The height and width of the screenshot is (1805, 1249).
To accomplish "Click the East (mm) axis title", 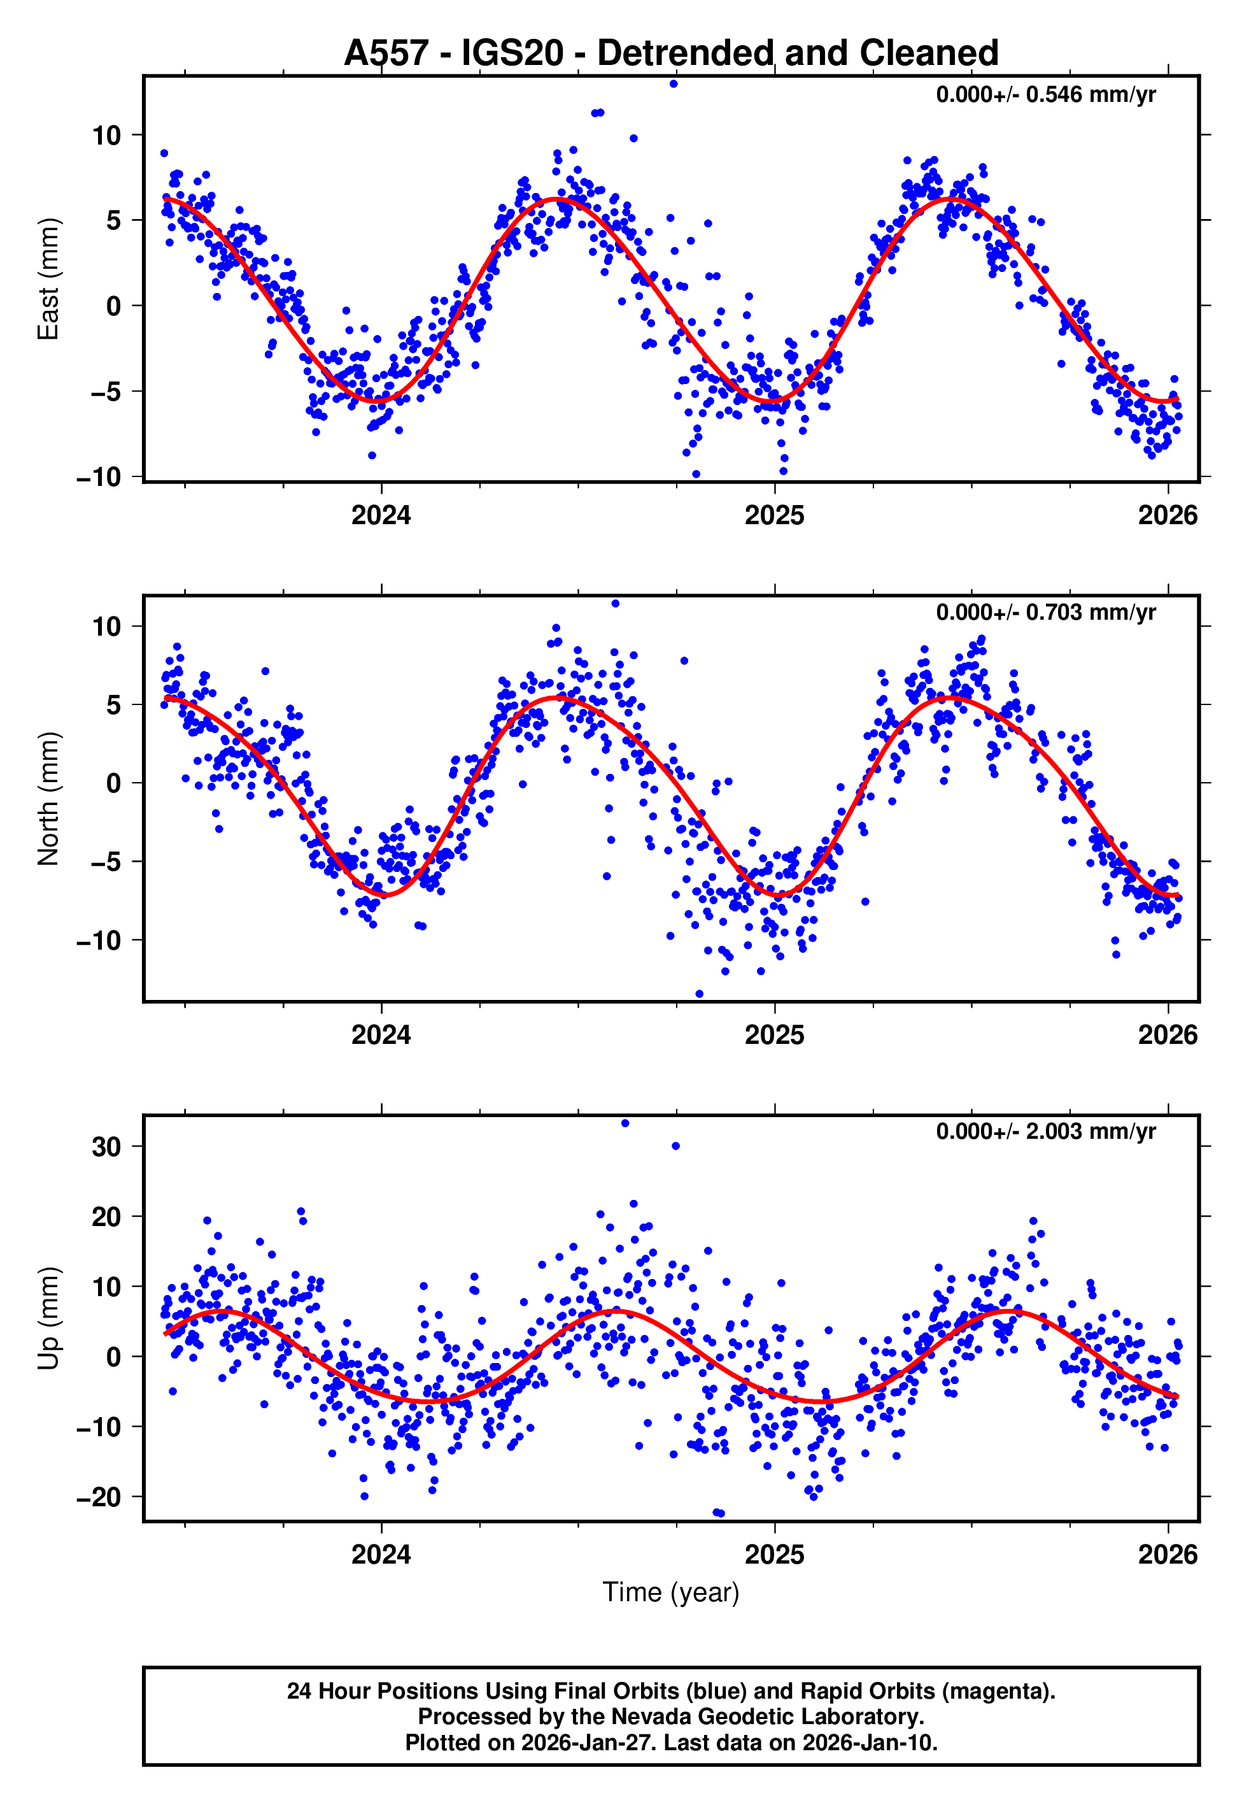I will point(48,279).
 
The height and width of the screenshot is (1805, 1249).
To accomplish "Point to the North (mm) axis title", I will point(48,799).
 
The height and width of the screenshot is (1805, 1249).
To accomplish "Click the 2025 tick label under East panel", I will point(774,515).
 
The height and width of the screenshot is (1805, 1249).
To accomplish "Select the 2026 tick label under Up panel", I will point(1167,1554).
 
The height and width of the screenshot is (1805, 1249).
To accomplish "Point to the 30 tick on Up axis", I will point(106,1146).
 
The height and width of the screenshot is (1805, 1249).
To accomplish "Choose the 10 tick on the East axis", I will point(106,136).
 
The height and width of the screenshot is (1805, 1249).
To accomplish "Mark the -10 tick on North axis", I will point(99,940).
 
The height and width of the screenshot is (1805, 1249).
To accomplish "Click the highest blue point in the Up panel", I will point(624,1124).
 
